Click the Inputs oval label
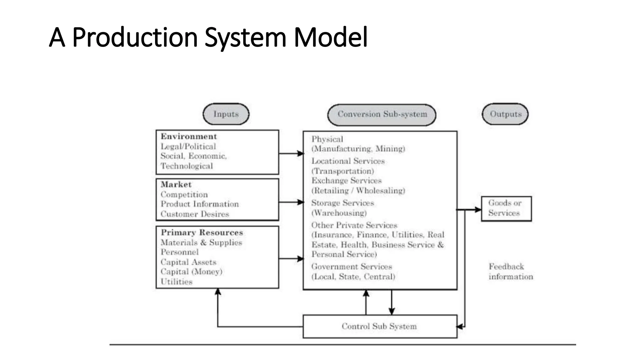click(226, 114)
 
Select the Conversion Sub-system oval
click(382, 114)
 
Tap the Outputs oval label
click(505, 114)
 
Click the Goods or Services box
click(506, 208)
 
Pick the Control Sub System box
click(380, 326)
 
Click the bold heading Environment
click(189, 137)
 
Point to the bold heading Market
click(176, 184)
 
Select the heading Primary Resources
click(202, 232)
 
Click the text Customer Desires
click(195, 214)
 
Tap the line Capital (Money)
click(191, 272)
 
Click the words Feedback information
click(510, 272)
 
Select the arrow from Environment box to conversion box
click(291, 153)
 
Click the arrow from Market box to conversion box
click(291, 202)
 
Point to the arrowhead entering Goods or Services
click(478, 210)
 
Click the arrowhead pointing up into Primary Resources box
click(218, 292)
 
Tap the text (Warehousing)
click(339, 213)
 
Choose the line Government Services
click(352, 267)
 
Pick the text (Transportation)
click(343, 171)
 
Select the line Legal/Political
click(188, 146)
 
